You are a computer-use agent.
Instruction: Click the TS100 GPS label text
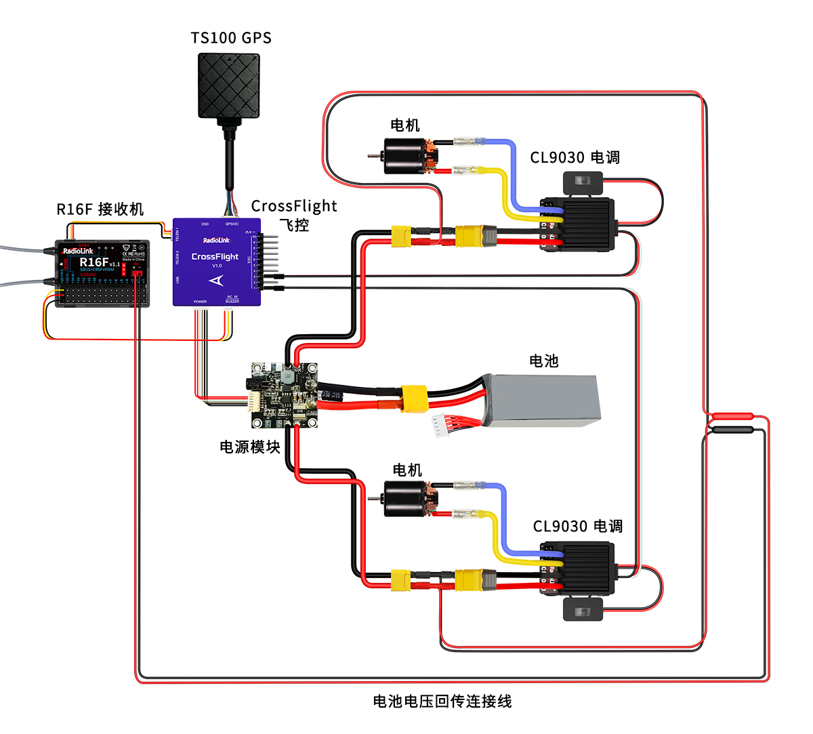[x=231, y=38]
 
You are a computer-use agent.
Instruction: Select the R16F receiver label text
[x=100, y=209]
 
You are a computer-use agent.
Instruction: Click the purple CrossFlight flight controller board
[x=215, y=262]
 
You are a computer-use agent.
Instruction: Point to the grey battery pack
[x=542, y=401]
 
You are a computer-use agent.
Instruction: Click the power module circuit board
[x=283, y=395]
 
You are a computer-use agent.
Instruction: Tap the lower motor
[x=406, y=499]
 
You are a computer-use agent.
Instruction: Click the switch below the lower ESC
[x=583, y=609]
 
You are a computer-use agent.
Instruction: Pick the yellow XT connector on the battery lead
[x=414, y=399]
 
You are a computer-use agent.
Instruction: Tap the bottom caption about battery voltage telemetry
[x=442, y=701]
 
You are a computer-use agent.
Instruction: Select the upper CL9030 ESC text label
[x=575, y=157]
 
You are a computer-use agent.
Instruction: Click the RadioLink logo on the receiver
[x=79, y=251]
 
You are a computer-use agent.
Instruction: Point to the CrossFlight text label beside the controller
[x=293, y=206]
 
